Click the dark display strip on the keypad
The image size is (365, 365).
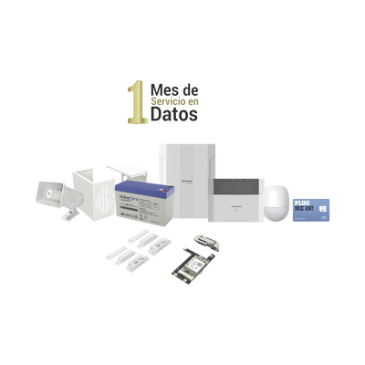[x=240, y=180]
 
